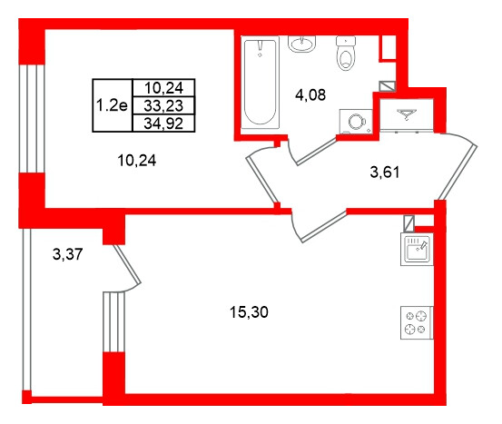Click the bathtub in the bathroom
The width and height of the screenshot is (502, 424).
pyautogui.click(x=260, y=83)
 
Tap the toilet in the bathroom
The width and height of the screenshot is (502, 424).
pyautogui.click(x=346, y=54)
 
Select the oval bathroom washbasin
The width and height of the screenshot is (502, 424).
pyautogui.click(x=302, y=44)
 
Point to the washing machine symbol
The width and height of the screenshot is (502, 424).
pyautogui.click(x=356, y=122)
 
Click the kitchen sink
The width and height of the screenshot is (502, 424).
pyautogui.click(x=417, y=250)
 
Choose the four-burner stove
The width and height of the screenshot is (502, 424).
pyautogui.click(x=417, y=322)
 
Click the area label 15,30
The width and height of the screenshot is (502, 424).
pyautogui.click(x=249, y=312)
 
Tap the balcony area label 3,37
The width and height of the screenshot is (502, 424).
pyautogui.click(x=67, y=254)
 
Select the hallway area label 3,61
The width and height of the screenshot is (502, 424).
pyautogui.click(x=385, y=173)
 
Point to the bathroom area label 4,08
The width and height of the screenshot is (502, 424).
pyautogui.click(x=310, y=94)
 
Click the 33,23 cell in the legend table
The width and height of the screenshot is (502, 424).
pyautogui.click(x=163, y=105)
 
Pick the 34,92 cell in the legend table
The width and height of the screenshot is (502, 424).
pyautogui.click(x=163, y=123)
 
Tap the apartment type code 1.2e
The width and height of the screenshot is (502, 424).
pyautogui.click(x=112, y=105)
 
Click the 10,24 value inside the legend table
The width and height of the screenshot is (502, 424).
pyautogui.click(x=163, y=88)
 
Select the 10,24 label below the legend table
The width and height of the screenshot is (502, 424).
pyautogui.click(x=137, y=160)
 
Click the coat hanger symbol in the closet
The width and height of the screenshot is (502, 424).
pyautogui.click(x=407, y=114)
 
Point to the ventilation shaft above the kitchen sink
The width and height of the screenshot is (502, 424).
pyautogui.click(x=408, y=223)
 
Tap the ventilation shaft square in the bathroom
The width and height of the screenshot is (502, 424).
pyautogui.click(x=388, y=86)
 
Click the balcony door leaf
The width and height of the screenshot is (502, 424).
pyautogui.click(x=127, y=265)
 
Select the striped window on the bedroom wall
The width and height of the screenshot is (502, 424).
pyautogui.click(x=31, y=119)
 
